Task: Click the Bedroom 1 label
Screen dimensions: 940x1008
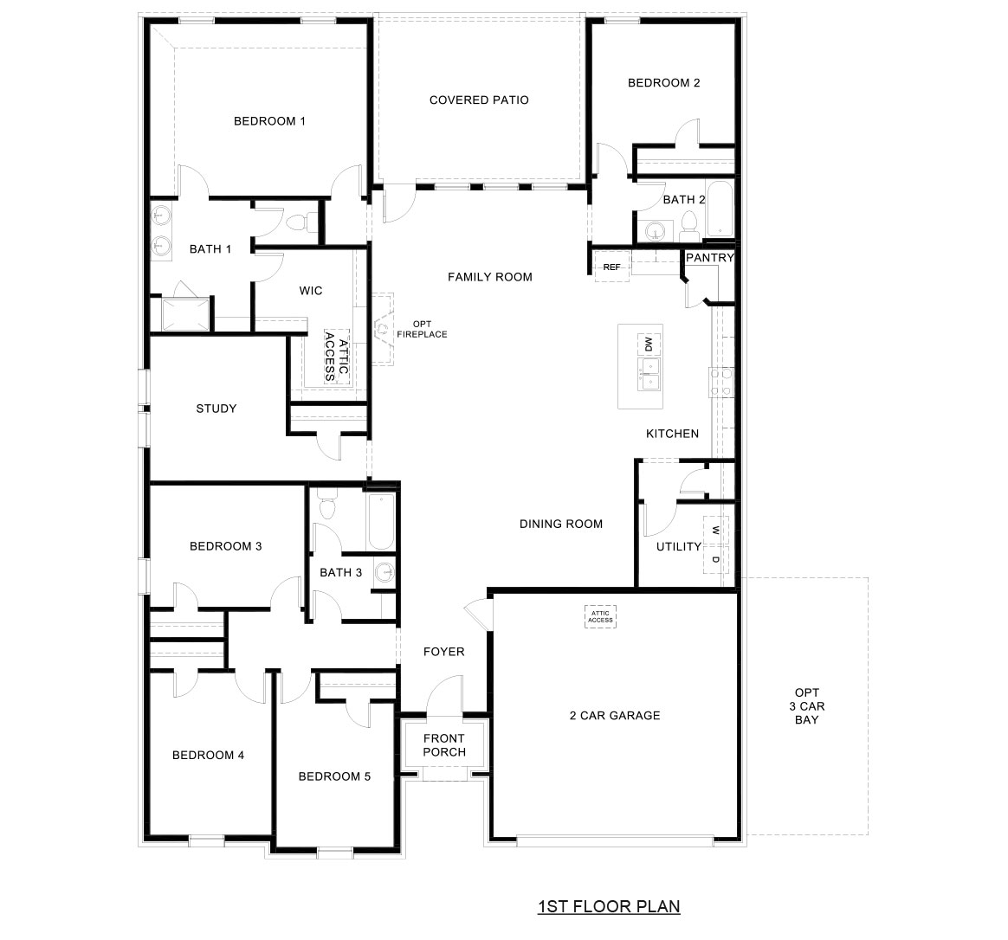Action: pos(269,121)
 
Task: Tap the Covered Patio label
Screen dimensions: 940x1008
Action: pos(479,100)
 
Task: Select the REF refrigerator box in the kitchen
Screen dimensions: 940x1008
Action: pos(611,267)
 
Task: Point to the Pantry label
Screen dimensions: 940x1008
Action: pos(709,258)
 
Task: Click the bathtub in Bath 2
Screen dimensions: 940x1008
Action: pos(719,209)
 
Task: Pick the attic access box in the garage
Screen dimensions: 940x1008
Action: pos(600,615)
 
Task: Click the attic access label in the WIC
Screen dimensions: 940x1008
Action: pos(335,356)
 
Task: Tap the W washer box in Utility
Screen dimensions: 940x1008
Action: pos(715,530)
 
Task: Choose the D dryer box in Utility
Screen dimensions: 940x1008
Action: pos(715,560)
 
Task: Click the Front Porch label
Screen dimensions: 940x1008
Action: pos(443,745)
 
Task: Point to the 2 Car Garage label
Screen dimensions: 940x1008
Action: pos(615,716)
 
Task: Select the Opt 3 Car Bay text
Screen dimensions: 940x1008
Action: pos(806,706)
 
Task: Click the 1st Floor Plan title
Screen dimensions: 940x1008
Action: pos(609,906)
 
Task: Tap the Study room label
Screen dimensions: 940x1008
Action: pos(216,409)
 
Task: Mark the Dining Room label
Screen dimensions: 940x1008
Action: pos(561,524)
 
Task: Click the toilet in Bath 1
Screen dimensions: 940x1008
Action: pos(296,223)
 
